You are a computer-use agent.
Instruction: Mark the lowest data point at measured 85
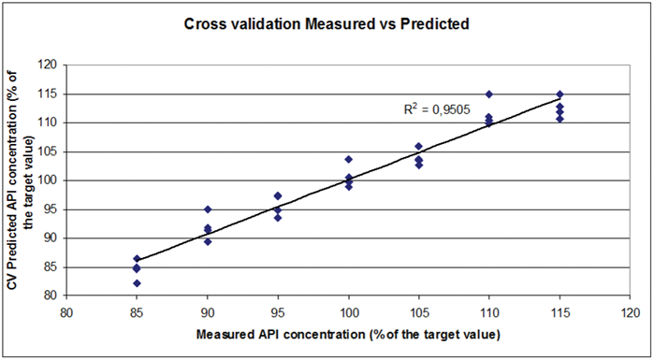coord(137,283)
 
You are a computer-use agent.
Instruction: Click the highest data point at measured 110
coord(488,94)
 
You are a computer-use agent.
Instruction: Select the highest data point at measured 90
coord(208,209)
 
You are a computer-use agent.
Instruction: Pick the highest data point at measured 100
coord(348,160)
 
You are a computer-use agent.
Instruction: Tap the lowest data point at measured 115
coord(560,119)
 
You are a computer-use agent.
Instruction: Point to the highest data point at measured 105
coord(418,147)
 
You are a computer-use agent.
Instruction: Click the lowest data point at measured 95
coord(278,218)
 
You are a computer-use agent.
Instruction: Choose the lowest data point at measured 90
coord(208,241)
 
